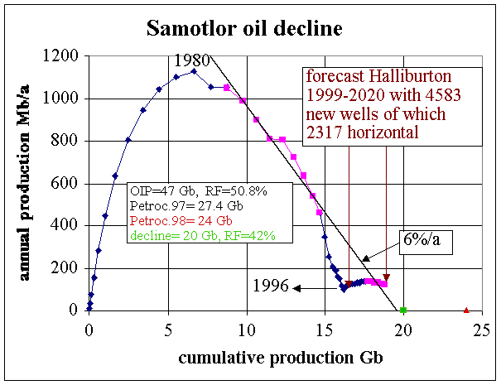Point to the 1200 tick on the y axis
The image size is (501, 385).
click(x=64, y=56)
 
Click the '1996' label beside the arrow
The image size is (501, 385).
click(x=272, y=287)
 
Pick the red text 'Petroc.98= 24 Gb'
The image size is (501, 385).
click(x=180, y=222)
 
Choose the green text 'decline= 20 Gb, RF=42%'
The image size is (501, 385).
click(x=203, y=236)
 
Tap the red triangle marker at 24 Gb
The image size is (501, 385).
click(x=466, y=310)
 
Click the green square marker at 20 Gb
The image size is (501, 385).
click(x=403, y=310)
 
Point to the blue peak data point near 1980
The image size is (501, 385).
click(x=194, y=71)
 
